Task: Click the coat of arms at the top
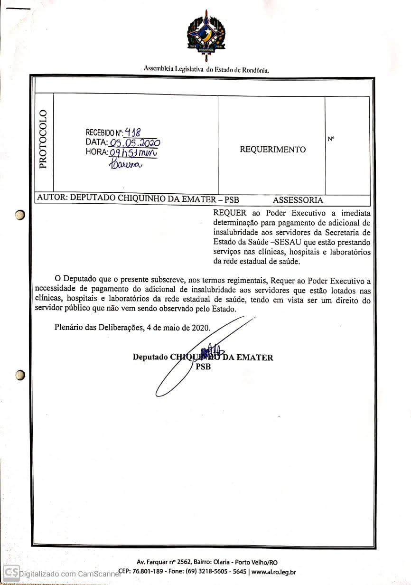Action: click(x=206, y=35)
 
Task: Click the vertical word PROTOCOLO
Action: click(x=43, y=139)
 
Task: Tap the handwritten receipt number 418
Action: click(x=132, y=132)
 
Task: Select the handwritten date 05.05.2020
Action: click(x=135, y=142)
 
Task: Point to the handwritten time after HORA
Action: click(x=133, y=152)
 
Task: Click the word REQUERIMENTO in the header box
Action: click(x=272, y=150)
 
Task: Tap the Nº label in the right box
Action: click(x=331, y=139)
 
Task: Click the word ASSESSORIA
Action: click(x=298, y=200)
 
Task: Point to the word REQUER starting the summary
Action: click(x=230, y=213)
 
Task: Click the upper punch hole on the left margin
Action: click(x=19, y=215)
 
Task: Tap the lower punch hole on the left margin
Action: click(x=19, y=375)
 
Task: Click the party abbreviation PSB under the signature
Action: click(x=203, y=367)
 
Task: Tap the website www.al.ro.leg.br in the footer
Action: click(x=273, y=572)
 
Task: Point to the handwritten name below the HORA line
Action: click(x=125, y=164)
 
